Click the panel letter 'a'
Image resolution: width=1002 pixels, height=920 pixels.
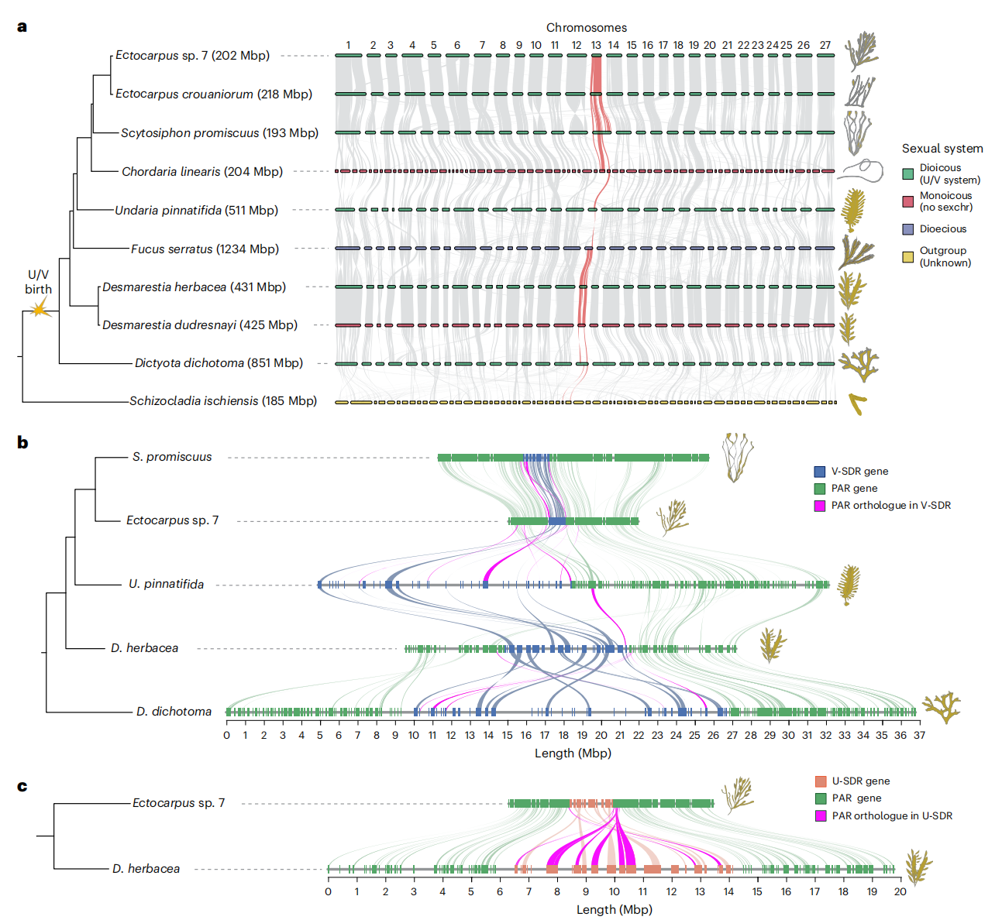point(22,26)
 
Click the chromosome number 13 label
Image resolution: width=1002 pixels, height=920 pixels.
point(596,45)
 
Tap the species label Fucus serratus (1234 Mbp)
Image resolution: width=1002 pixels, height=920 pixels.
point(205,249)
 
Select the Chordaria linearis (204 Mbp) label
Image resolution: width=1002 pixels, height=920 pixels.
point(202,171)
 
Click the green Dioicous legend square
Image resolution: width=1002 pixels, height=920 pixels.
point(907,173)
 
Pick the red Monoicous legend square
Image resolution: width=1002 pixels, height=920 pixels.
point(907,201)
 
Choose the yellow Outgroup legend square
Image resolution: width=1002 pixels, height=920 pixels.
point(907,256)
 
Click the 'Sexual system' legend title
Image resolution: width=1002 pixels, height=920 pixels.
point(942,148)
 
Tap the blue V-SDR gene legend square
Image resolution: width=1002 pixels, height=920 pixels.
point(819,471)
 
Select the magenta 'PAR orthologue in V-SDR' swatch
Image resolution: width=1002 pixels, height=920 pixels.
point(819,505)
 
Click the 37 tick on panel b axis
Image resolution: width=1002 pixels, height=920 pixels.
point(919,735)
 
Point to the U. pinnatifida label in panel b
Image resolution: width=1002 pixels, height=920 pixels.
point(166,584)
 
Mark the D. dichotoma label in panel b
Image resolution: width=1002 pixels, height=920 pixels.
point(174,711)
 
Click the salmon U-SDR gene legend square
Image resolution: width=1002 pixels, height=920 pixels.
point(821,781)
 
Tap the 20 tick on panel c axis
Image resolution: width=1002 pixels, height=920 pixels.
point(900,891)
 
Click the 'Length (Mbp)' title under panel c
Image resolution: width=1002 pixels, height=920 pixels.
point(614,909)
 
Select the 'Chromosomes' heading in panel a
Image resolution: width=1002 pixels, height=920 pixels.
point(587,27)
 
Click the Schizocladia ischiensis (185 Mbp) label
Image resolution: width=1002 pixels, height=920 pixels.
point(223,400)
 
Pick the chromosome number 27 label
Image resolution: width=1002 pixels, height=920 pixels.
point(825,45)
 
